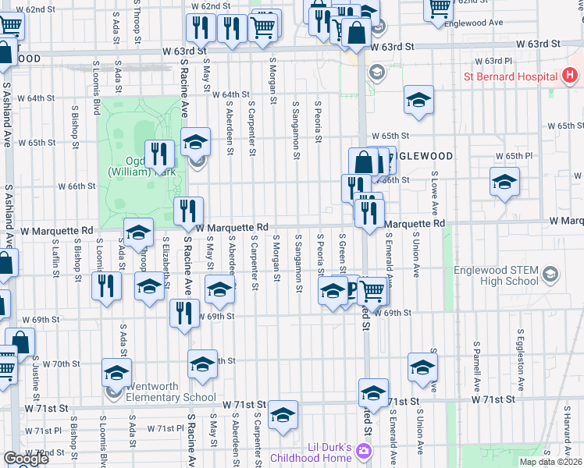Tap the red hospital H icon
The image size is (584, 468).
570,76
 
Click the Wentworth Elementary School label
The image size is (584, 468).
168,392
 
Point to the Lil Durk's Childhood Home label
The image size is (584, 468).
309,452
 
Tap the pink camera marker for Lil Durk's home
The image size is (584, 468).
364,451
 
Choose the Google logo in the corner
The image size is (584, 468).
26,459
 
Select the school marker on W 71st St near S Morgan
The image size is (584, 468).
283,414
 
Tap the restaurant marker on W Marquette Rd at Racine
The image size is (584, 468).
188,211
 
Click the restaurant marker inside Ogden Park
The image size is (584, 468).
159,154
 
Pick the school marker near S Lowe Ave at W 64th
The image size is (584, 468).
418,99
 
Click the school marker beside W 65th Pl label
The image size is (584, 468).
504,182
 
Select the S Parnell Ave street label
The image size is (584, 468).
475,364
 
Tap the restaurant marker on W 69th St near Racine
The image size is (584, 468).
184,314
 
